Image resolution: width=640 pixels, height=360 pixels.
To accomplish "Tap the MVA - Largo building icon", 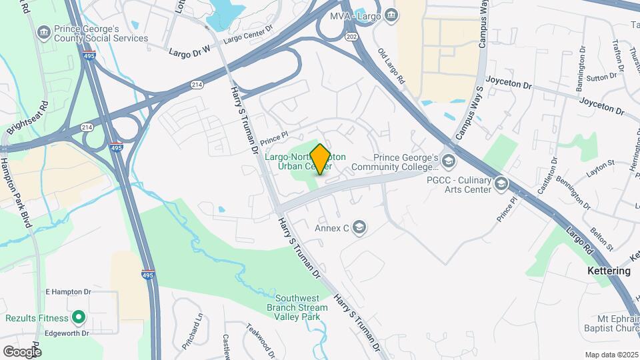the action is click(393, 14).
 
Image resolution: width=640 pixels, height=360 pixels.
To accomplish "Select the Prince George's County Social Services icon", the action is click(44, 31).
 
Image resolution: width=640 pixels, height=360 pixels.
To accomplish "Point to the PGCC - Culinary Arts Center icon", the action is click(501, 183).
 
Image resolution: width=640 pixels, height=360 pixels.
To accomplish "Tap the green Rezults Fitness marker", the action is click(79, 318).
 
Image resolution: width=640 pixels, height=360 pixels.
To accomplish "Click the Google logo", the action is click(22, 352).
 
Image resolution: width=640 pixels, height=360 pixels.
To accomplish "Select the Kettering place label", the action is click(609, 271).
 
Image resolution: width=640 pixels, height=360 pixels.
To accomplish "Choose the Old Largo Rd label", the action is click(391, 66).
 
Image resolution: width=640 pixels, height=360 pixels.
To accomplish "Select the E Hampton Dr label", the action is click(68, 292).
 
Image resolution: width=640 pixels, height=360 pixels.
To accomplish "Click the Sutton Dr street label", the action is click(602, 77).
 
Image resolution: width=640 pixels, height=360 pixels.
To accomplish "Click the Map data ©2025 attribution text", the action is click(611, 355).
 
